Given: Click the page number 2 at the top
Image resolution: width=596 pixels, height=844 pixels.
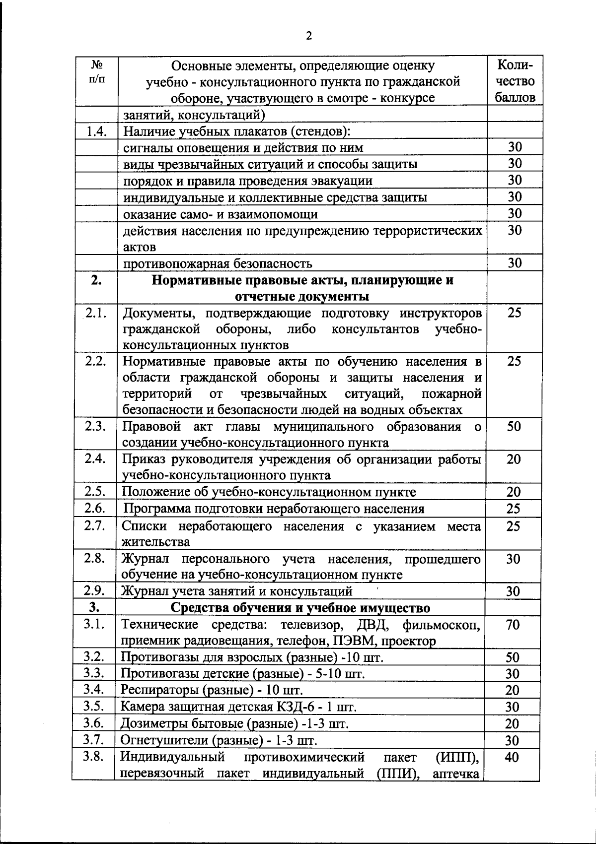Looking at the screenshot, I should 309,36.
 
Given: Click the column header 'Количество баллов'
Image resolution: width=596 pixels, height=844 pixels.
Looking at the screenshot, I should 515,81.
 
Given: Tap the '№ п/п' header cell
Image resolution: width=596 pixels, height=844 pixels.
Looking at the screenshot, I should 97,72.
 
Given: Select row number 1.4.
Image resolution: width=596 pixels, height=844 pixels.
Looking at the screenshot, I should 97,131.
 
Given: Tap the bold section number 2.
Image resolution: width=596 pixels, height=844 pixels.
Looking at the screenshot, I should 96,280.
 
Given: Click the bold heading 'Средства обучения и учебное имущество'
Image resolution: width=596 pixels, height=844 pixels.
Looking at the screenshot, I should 300,608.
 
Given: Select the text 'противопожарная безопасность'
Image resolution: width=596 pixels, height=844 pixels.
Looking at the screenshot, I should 218,263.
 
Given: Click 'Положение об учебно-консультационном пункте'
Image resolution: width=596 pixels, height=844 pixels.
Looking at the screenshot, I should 269,492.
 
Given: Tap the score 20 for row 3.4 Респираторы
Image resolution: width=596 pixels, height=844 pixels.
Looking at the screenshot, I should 512,691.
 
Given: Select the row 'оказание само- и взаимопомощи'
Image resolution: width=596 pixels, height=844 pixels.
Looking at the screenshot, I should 221,214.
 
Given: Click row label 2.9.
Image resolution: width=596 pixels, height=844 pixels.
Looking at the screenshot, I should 94,590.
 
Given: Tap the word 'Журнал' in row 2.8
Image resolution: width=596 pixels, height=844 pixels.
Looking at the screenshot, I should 145,559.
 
